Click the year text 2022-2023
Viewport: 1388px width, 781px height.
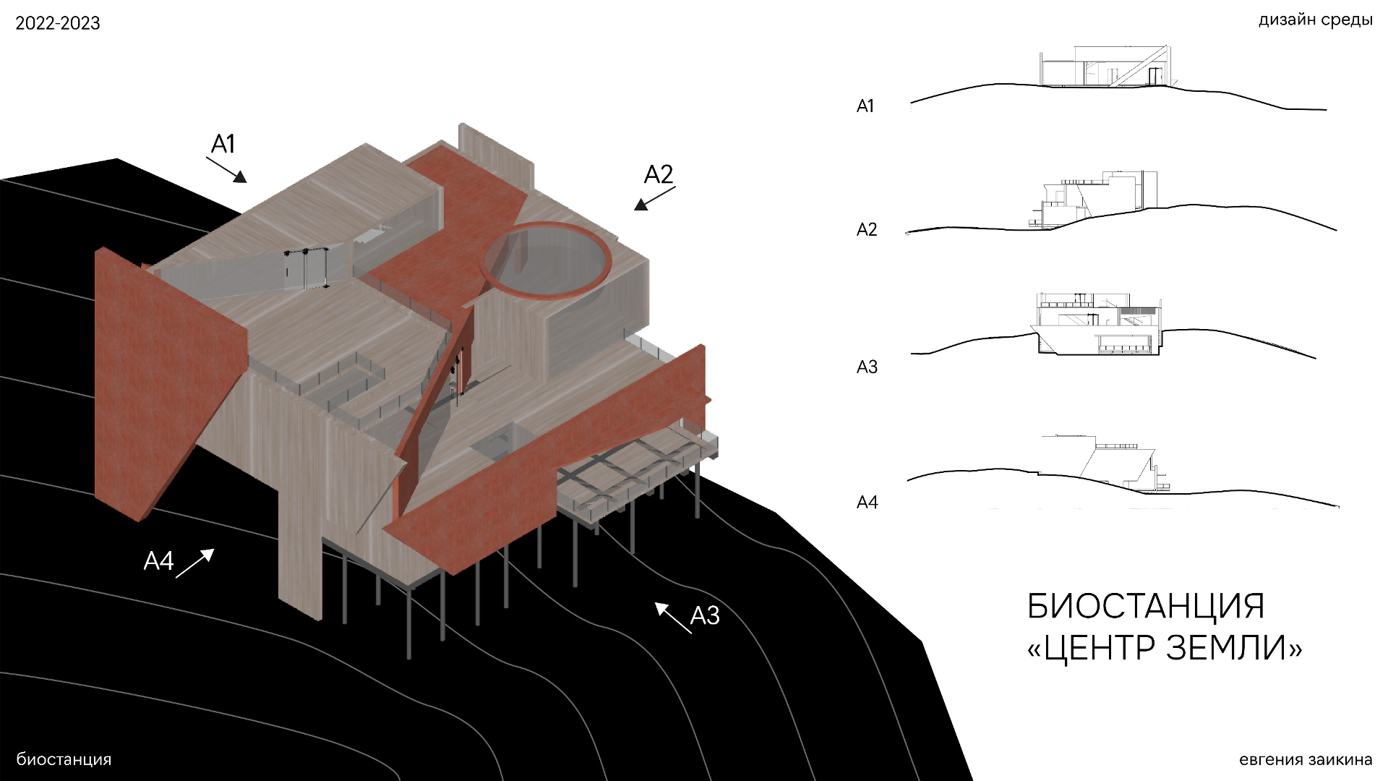coord(58,23)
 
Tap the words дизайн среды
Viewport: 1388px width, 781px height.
coord(1315,20)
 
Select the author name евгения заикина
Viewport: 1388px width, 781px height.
coord(1306,759)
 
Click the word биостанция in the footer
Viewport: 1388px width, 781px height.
coord(64,759)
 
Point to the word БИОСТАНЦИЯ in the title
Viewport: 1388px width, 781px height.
coord(1146,606)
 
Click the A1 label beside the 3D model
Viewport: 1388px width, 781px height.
coord(223,144)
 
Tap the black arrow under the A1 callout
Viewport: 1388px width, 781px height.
coord(226,170)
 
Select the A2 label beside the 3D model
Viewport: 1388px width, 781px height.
coord(659,174)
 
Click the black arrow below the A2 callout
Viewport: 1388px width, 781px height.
coord(654,199)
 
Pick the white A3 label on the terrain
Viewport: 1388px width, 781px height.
coord(705,615)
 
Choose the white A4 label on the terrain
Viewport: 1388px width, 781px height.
coord(159,560)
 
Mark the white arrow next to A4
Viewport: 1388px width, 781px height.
coord(195,563)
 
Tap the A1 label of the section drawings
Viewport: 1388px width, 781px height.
coord(865,106)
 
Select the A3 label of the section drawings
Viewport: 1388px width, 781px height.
coord(867,367)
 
